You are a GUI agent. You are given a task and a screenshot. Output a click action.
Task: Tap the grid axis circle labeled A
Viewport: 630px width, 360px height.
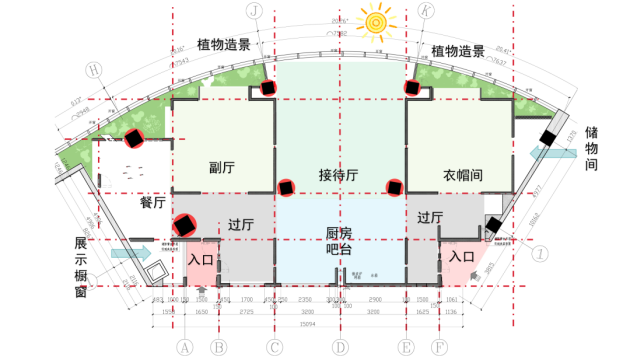coord(183,347)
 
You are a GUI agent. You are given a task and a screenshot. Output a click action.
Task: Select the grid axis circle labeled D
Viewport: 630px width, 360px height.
coord(340,347)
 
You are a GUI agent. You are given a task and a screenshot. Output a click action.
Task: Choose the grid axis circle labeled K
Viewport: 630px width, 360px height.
coord(427,10)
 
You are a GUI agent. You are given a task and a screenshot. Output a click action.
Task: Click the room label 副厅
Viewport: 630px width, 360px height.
coord(222,168)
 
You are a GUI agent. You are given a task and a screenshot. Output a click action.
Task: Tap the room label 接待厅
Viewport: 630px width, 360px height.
coord(339,173)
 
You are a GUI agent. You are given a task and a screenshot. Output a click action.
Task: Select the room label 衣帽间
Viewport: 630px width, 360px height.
coord(463,174)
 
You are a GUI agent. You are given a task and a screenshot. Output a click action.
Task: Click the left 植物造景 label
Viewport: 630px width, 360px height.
coord(230,45)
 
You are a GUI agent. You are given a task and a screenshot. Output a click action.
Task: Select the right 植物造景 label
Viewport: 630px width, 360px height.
coord(456,51)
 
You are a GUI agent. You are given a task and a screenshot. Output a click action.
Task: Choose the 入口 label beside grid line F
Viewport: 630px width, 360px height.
coord(461,256)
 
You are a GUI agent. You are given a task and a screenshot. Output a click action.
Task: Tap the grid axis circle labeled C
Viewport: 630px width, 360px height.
coord(273,347)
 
